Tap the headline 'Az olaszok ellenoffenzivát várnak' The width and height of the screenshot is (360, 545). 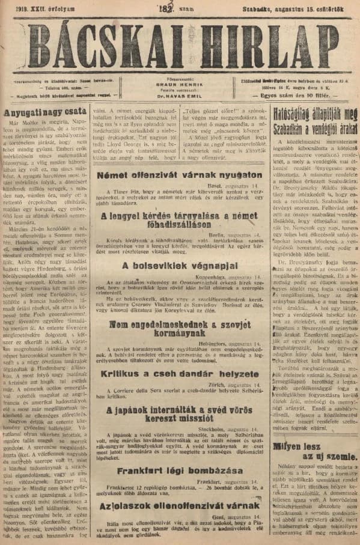tap(179, 507)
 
